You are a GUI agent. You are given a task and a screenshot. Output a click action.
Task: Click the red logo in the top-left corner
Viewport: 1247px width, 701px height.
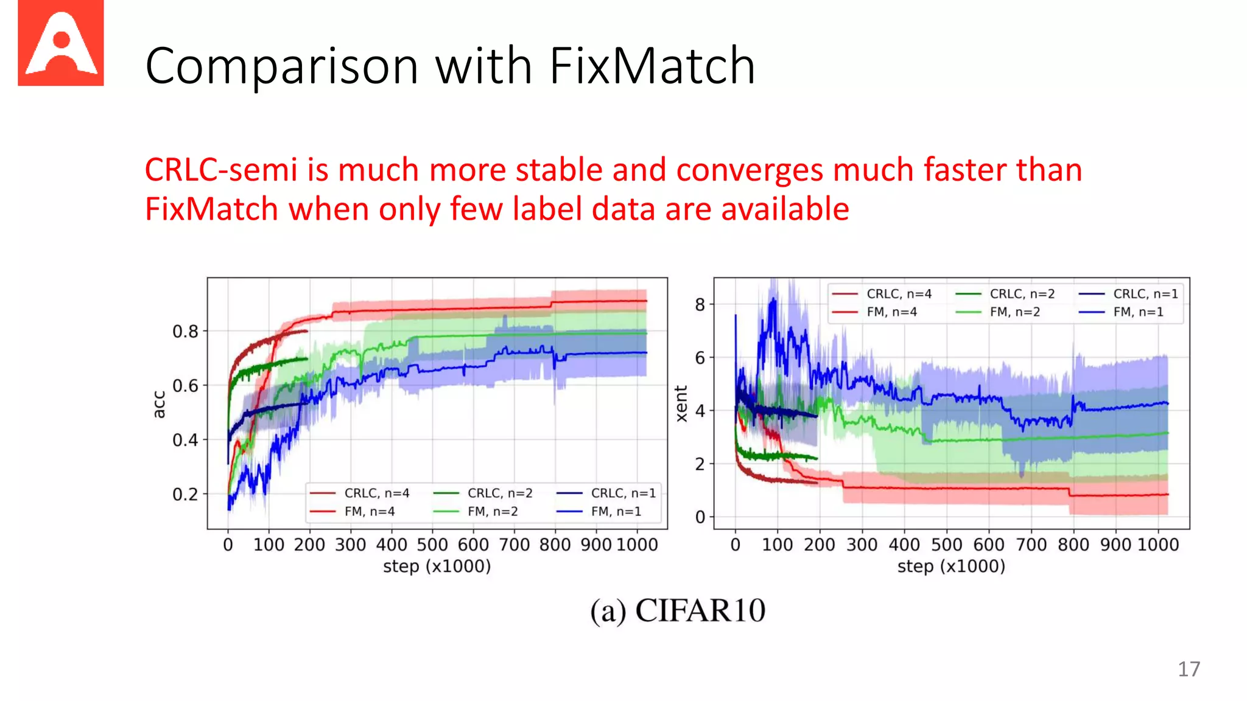(x=61, y=43)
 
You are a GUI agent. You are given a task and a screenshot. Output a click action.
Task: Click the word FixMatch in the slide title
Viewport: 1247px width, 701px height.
(x=652, y=66)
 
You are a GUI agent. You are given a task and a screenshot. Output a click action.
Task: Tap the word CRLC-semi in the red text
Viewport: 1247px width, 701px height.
(x=221, y=170)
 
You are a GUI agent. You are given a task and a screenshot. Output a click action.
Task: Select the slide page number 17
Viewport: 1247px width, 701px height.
(x=1189, y=669)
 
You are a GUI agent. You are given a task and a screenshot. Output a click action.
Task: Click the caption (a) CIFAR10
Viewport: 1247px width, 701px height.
(x=677, y=610)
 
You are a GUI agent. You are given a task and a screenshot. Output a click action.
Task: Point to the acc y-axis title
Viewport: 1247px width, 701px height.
(x=159, y=404)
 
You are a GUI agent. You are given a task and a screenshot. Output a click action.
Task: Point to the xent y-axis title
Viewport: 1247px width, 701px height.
(x=681, y=403)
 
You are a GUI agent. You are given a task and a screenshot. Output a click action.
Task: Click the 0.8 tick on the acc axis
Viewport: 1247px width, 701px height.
(x=185, y=332)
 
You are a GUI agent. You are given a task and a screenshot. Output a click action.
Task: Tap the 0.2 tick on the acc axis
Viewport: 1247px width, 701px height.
(x=185, y=494)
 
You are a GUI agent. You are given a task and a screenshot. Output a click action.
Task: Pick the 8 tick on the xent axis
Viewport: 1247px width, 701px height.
(x=700, y=304)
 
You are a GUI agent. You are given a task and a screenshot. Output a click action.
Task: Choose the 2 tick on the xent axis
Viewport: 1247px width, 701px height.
(x=700, y=464)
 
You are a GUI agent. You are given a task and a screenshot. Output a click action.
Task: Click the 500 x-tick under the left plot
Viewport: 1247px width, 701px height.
(x=432, y=545)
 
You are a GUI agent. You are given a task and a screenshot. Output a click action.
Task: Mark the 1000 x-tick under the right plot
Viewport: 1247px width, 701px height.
(x=1158, y=545)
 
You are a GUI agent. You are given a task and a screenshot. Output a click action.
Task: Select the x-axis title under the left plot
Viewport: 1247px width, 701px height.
(x=437, y=567)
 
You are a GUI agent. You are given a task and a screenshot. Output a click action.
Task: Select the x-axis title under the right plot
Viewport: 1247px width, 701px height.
(x=951, y=567)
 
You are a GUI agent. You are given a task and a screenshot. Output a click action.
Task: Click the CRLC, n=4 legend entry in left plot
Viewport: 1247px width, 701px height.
(x=376, y=493)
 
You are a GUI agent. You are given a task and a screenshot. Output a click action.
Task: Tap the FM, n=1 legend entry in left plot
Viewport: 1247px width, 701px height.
(x=616, y=511)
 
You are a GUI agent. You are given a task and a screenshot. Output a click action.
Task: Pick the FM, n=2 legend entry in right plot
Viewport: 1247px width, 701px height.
(x=1014, y=312)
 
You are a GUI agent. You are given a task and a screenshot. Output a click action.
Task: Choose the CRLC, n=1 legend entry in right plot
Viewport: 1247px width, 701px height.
(x=1145, y=294)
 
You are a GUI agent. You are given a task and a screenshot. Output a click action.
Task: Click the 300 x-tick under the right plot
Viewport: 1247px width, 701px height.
(x=862, y=545)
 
